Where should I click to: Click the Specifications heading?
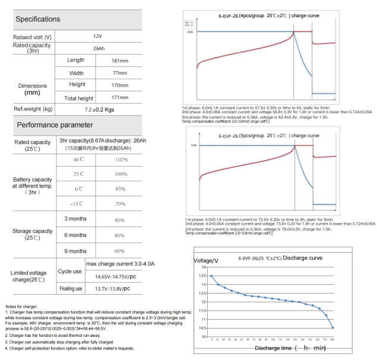coord(38,20)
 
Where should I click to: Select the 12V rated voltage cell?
coord(97,37)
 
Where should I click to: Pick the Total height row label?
coord(78,98)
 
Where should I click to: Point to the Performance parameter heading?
coord(55,125)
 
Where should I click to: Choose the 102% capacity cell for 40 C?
coord(121,160)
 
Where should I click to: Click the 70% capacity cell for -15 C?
coord(121,203)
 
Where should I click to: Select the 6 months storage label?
coord(75,235)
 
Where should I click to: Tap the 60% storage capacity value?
coord(119,251)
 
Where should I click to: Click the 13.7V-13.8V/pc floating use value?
coord(112,289)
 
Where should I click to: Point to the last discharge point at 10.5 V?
coord(333,327)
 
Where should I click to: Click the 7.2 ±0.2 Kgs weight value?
coord(98,109)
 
